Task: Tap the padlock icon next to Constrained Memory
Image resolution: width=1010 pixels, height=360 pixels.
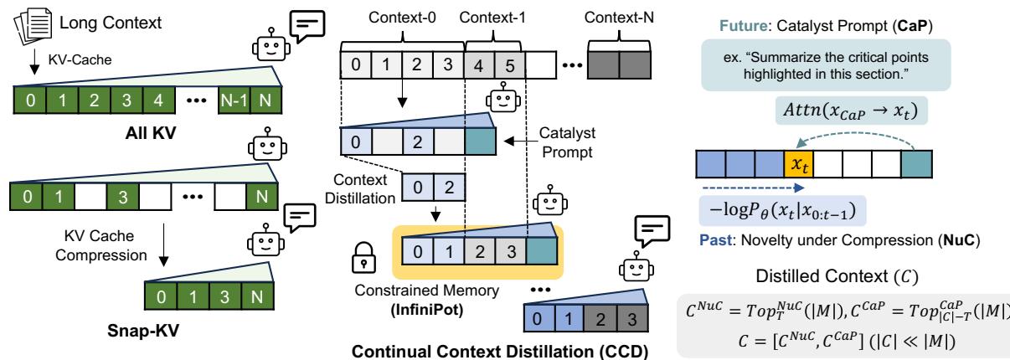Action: click(359, 267)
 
